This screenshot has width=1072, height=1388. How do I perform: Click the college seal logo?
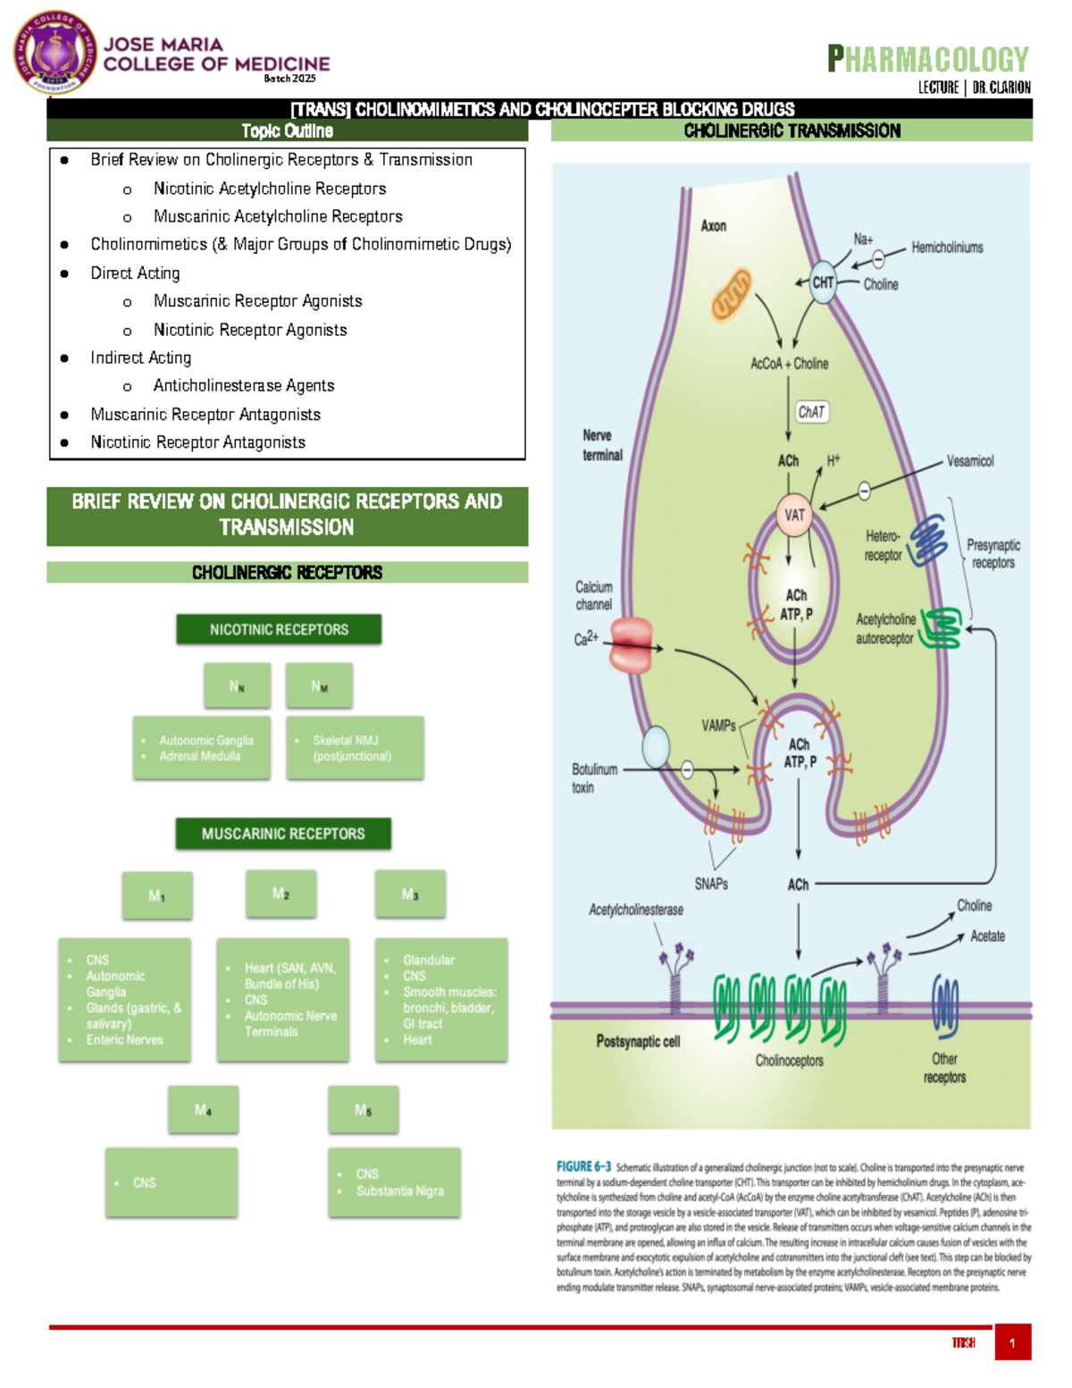coord(55,53)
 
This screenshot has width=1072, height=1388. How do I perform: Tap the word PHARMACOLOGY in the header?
coord(928,59)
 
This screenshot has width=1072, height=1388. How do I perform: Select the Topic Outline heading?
coord(287,131)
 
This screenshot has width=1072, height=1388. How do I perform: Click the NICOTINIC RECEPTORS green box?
coord(279,629)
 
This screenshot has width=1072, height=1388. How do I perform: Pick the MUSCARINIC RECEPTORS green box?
coord(282,834)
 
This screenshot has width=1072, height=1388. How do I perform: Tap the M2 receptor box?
coord(281,894)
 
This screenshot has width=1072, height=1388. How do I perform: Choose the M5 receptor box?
coord(363,1110)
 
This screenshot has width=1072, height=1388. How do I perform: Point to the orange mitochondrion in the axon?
coord(732,295)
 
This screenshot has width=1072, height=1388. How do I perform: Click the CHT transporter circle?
coord(823,282)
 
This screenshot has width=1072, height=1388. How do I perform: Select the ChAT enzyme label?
coord(811,412)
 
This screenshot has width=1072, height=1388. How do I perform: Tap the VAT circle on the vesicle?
coord(794,515)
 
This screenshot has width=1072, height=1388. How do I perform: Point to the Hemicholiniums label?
coord(947,248)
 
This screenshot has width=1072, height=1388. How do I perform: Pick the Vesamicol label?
coord(970,461)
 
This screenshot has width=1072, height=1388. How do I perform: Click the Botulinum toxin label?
coord(594,778)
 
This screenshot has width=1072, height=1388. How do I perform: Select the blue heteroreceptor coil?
coord(928,540)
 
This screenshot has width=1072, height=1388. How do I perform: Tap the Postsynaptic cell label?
coord(638,1041)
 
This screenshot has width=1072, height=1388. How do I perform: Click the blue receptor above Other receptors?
coord(944,1006)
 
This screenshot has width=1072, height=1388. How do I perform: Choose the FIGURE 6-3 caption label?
coord(583,1166)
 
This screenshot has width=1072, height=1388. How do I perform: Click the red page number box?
coord(1012,1342)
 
